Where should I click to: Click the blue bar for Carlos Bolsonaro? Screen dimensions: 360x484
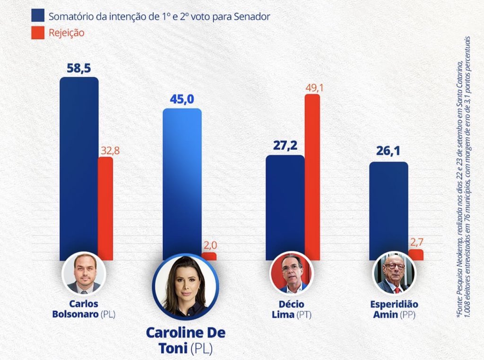click(x=79, y=166)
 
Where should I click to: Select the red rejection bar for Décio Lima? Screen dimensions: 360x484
click(x=312, y=175)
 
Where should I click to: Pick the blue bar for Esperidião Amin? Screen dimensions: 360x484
click(x=388, y=208)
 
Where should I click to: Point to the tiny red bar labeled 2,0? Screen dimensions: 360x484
click(x=208, y=256)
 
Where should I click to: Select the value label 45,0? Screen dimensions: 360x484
click(x=182, y=99)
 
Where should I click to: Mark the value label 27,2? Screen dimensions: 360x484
click(x=285, y=145)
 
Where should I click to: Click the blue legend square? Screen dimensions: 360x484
click(x=37, y=16)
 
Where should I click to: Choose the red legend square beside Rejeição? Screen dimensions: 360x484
click(x=37, y=33)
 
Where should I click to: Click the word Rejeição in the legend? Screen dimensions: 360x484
click(x=66, y=33)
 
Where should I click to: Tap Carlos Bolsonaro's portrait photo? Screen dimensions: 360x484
click(x=84, y=274)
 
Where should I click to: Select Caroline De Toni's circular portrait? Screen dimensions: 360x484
click(x=185, y=287)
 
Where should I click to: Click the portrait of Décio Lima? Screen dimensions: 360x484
click(x=292, y=274)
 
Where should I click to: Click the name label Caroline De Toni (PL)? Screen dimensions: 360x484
click(x=185, y=340)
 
